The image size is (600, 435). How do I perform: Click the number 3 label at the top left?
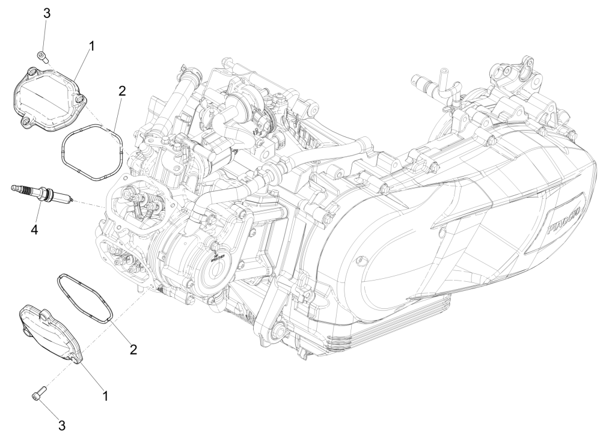tap(46, 14)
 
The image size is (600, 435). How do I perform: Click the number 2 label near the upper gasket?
tap(122, 91)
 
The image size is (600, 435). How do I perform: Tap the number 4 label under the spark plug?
tap(35, 230)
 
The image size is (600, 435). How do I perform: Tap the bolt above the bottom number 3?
tap(37, 394)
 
